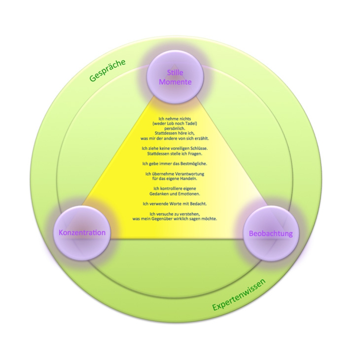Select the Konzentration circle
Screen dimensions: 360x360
[82, 233]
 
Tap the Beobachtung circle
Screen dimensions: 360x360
[271, 233]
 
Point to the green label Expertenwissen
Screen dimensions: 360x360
[239, 295]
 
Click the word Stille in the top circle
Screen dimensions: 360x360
[175, 73]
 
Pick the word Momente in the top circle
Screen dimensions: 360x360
[175, 82]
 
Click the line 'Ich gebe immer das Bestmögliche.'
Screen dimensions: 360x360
[175, 163]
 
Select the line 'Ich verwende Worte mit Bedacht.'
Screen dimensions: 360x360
[175, 203]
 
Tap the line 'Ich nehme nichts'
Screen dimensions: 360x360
[175, 119]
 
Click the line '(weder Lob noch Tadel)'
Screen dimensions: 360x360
[175, 124]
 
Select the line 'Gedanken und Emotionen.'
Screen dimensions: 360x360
[175, 193]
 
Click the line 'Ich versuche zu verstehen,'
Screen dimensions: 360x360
[175, 213]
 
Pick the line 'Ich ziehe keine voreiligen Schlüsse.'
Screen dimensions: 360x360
[175, 148]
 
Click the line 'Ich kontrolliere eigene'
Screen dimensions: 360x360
[175, 188]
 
